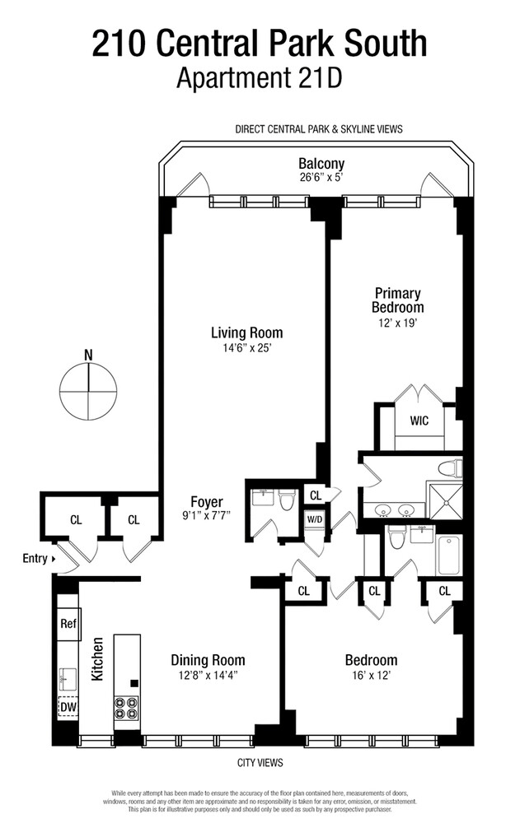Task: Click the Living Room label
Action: pos(246,332)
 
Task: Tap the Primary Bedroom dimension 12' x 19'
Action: pos(397,323)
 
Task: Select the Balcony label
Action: pos(321,163)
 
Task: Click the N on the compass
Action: pos(88,355)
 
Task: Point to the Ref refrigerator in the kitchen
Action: pos(68,624)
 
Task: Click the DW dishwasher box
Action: pos(68,707)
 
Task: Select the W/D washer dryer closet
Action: pos(315,520)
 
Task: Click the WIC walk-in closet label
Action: pos(419,421)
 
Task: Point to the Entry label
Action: pos(35,558)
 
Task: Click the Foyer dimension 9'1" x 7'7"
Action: pos(207,515)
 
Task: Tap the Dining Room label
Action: pos(208,660)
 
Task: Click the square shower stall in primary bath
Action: pos(446,501)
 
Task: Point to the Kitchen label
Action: pos(97,658)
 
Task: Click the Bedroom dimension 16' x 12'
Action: pos(371,675)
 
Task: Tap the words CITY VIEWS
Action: pos(260,762)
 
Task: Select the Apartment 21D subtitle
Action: pos(260,77)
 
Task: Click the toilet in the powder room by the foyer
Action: pos(286,500)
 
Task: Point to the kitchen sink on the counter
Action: pos(68,679)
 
